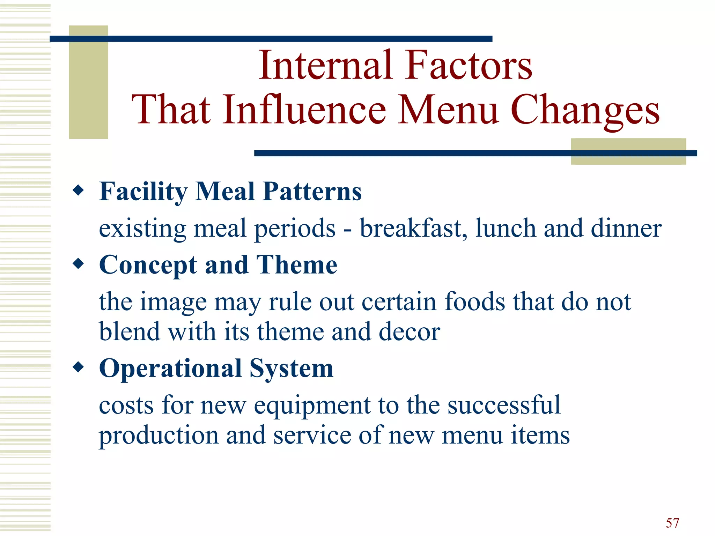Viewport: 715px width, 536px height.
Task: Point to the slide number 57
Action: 672,523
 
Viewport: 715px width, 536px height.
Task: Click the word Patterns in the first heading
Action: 312,192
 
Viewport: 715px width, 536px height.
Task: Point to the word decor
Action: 409,332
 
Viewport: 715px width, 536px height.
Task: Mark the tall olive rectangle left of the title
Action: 88,82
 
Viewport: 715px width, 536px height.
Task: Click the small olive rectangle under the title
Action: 628,151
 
